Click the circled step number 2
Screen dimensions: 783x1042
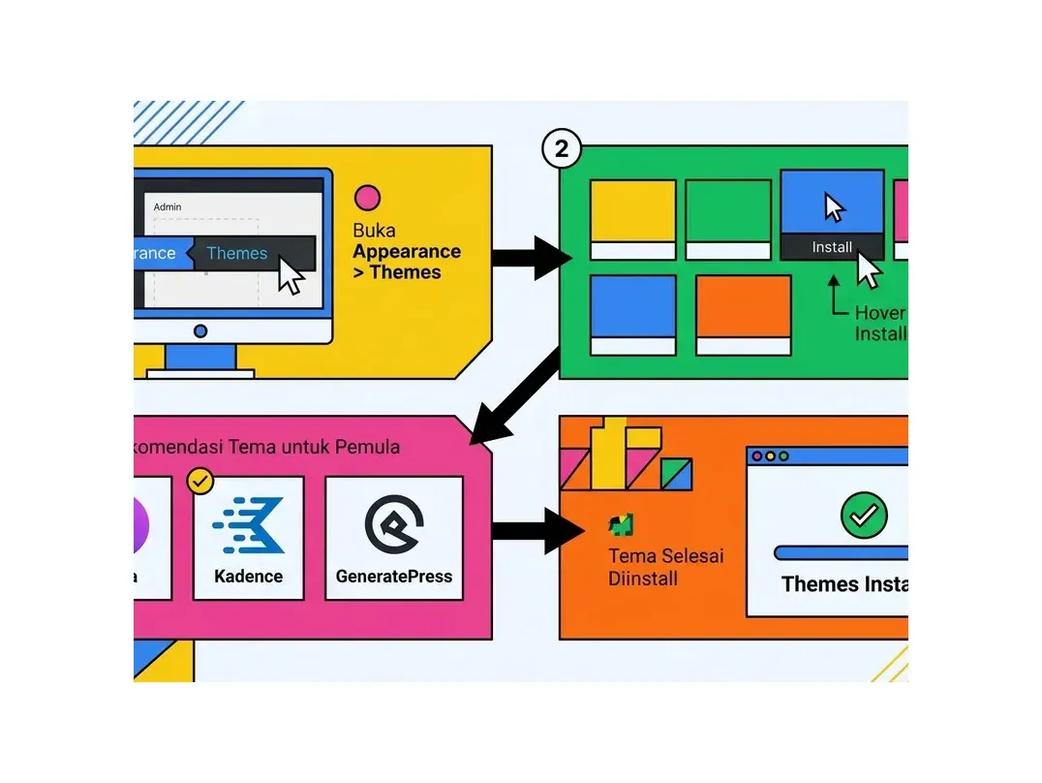561,150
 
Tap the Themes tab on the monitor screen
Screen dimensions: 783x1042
237,254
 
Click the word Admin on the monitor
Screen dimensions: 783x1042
168,206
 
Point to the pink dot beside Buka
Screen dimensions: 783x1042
367,199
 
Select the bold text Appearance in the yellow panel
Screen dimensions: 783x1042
407,252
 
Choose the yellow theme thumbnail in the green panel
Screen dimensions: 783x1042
633,219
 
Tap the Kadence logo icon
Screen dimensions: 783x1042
249,525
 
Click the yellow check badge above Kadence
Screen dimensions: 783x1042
200,481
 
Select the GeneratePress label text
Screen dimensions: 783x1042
394,577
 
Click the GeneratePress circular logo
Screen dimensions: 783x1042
394,524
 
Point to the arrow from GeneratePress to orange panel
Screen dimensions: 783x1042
537,531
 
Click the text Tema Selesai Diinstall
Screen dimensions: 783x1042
665,568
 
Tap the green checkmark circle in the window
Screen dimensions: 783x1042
863,515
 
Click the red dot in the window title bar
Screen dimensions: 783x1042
757,455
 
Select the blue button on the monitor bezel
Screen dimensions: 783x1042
200,331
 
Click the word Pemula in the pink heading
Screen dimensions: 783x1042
367,448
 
